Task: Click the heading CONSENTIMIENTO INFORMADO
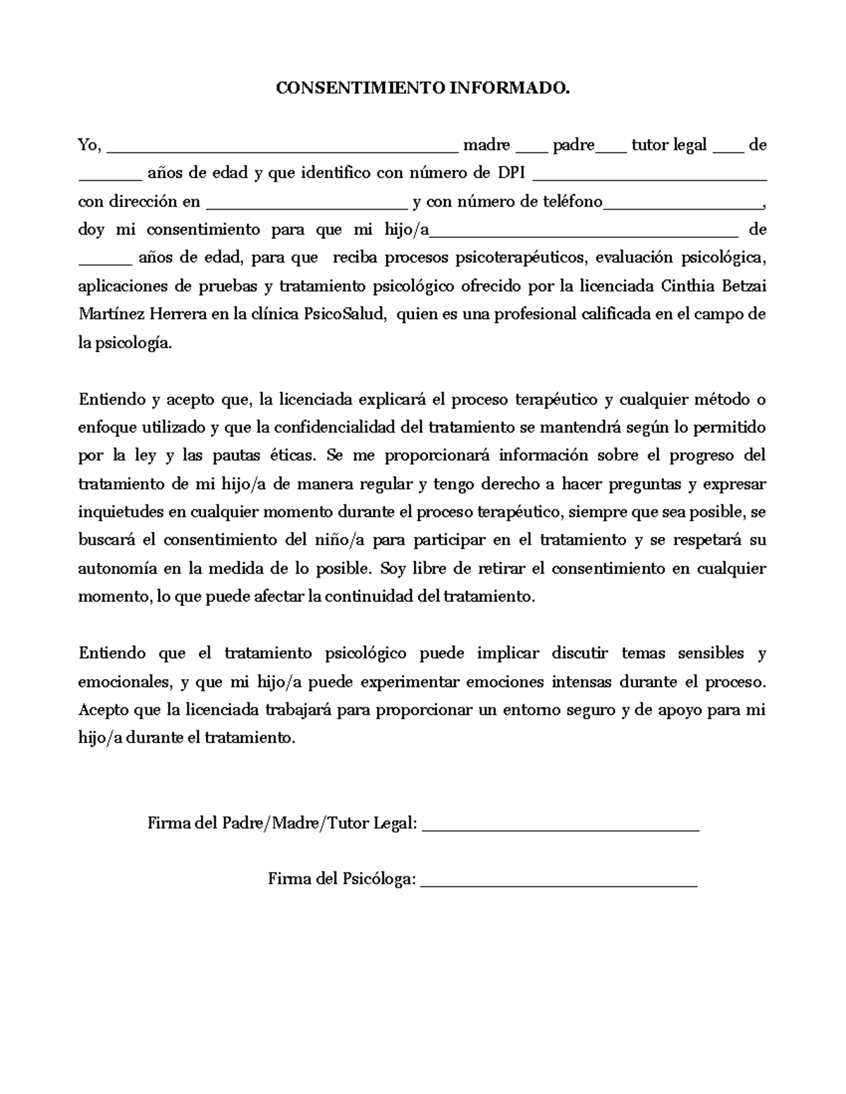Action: tap(422, 88)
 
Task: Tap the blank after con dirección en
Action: tap(306, 206)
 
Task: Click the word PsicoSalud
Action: tap(345, 314)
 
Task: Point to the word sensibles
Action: tap(711, 653)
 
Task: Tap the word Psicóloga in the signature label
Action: tap(379, 879)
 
